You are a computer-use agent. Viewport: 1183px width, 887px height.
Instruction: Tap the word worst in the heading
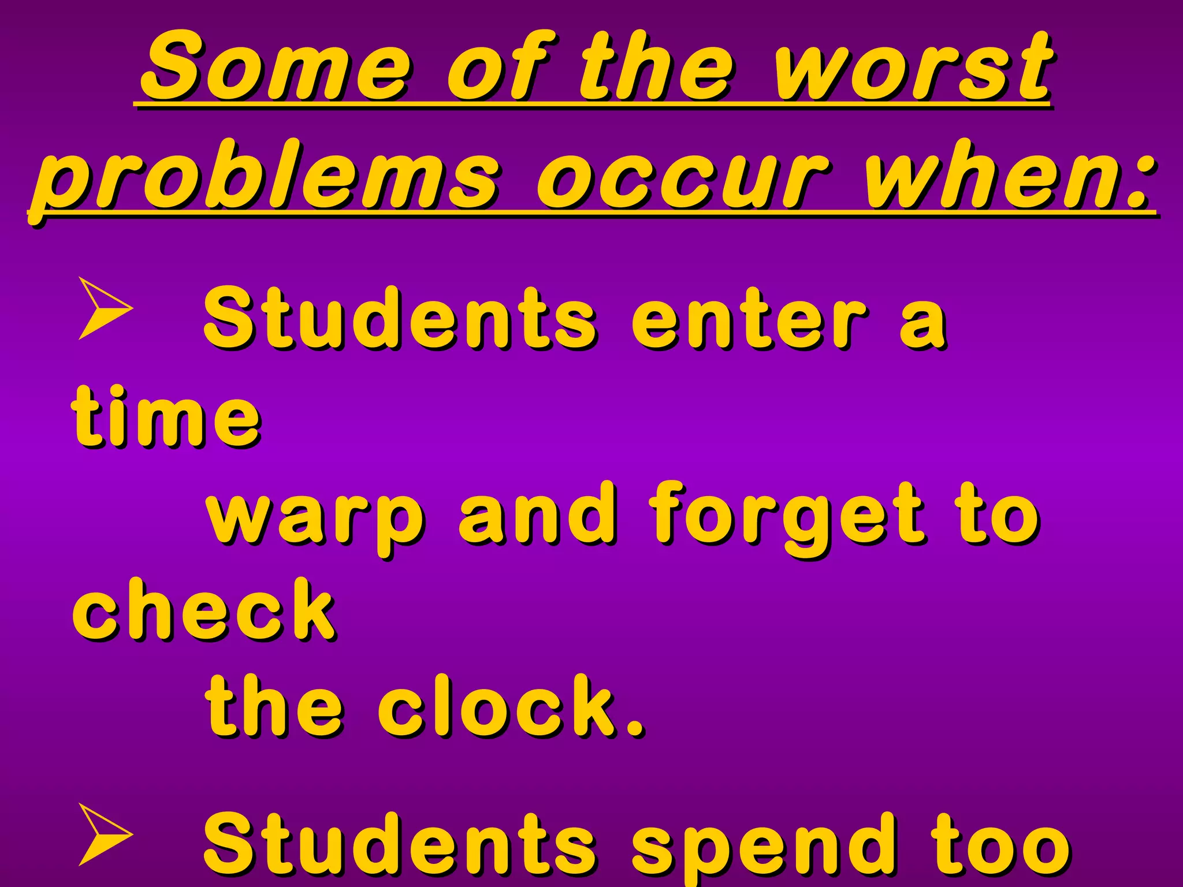[x=913, y=66]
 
